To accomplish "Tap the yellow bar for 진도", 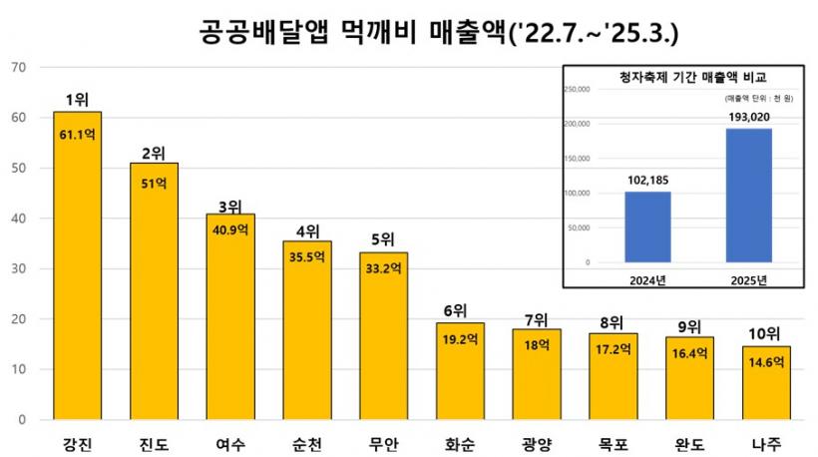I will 154,290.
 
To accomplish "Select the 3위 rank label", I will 230,207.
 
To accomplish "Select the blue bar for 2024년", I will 647,227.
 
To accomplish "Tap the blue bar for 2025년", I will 748,196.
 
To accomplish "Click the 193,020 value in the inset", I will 748,118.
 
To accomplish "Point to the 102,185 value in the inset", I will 647,181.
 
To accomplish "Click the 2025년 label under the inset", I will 748,278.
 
